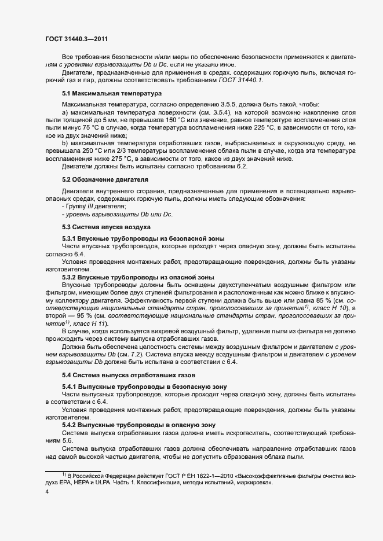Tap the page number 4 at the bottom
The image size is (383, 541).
click(x=47, y=492)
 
